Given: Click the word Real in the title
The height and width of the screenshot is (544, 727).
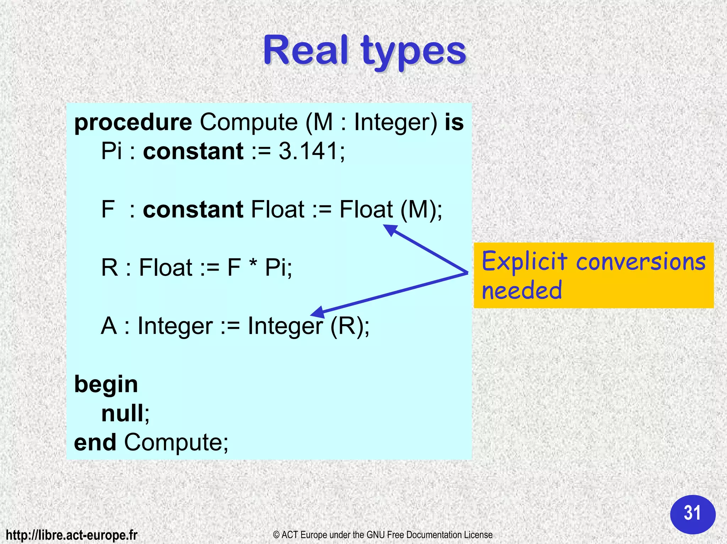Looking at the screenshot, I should pyautogui.click(x=305, y=51).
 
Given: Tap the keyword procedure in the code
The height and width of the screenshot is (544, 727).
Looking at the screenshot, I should pyautogui.click(x=133, y=123).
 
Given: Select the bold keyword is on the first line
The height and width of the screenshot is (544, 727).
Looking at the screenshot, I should pyautogui.click(x=454, y=122).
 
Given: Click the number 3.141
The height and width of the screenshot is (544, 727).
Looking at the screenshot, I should pyautogui.click(x=308, y=151).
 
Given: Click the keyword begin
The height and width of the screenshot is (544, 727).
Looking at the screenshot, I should pyautogui.click(x=106, y=385).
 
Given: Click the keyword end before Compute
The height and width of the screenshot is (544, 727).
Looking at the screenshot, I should pyautogui.click(x=95, y=443).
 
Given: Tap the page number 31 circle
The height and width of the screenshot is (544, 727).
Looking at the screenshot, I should pyautogui.click(x=693, y=514).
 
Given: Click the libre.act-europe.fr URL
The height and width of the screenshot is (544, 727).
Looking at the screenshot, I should pyautogui.click(x=72, y=535).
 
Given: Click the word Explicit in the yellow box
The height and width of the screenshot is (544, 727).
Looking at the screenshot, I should pyautogui.click(x=524, y=261).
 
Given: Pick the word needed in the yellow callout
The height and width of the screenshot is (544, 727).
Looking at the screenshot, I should pyautogui.click(x=522, y=290).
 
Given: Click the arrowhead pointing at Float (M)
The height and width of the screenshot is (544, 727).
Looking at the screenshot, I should pyautogui.click(x=390, y=230).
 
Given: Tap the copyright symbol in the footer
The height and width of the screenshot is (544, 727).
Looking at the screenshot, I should pyautogui.click(x=277, y=535).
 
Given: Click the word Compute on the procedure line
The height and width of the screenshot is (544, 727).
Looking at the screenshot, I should pyautogui.click(x=248, y=123).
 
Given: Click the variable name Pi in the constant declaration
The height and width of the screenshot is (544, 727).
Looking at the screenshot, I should pyautogui.click(x=111, y=151).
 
